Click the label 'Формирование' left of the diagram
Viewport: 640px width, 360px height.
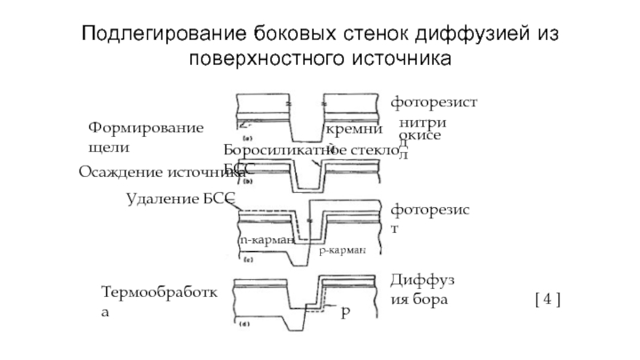click(x=144, y=128)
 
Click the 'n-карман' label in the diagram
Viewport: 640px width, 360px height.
click(x=266, y=239)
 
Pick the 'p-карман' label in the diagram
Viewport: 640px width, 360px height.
click(x=342, y=250)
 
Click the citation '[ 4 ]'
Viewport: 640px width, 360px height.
click(x=546, y=300)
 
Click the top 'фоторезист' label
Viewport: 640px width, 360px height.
click(x=433, y=103)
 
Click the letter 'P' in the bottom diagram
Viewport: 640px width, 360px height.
click(x=345, y=313)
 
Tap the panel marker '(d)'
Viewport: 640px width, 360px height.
click(x=243, y=324)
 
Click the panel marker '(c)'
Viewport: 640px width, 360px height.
click(x=246, y=258)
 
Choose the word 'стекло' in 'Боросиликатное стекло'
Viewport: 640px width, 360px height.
click(x=373, y=150)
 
